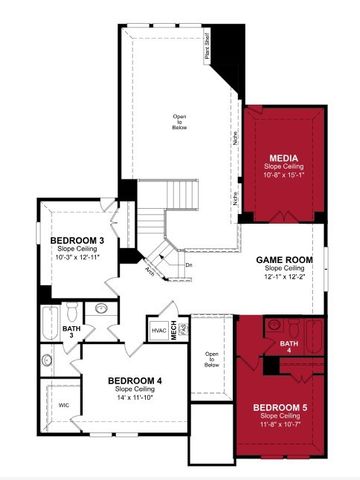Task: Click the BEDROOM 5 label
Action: point(280,407)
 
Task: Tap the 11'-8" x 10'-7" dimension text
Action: point(280,425)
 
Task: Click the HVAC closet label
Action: point(158,331)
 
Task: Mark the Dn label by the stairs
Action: point(188,264)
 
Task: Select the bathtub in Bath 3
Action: point(48,322)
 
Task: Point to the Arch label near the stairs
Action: point(149,270)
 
